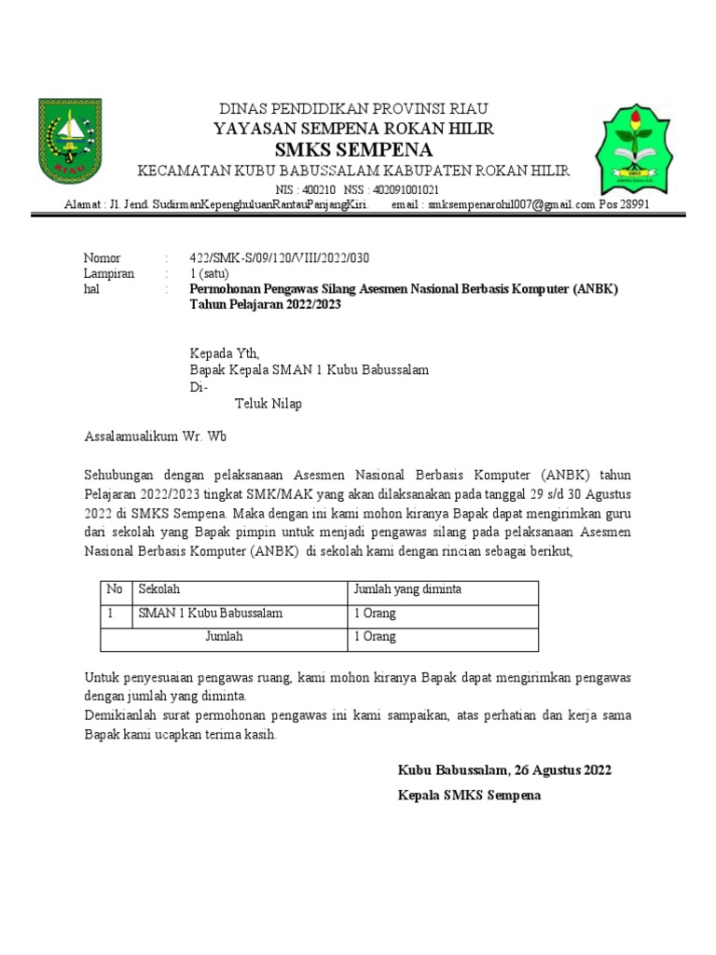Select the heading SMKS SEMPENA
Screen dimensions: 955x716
point(353,150)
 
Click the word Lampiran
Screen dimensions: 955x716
point(109,274)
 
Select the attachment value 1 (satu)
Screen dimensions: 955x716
point(213,274)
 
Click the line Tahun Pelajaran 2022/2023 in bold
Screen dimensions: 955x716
point(264,305)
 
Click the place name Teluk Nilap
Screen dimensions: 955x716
point(267,404)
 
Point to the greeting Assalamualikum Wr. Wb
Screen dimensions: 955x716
point(156,436)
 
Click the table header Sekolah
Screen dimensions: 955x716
point(159,590)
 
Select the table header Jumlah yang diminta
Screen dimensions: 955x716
point(406,590)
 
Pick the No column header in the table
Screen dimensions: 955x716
point(115,590)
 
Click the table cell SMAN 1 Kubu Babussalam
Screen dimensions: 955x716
point(211,614)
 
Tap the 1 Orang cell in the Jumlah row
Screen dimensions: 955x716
point(375,637)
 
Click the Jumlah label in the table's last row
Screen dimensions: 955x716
point(224,637)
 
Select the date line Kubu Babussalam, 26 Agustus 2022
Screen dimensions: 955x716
point(504,770)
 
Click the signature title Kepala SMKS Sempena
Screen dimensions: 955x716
point(469,796)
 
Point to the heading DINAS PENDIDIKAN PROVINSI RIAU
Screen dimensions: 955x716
point(353,108)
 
